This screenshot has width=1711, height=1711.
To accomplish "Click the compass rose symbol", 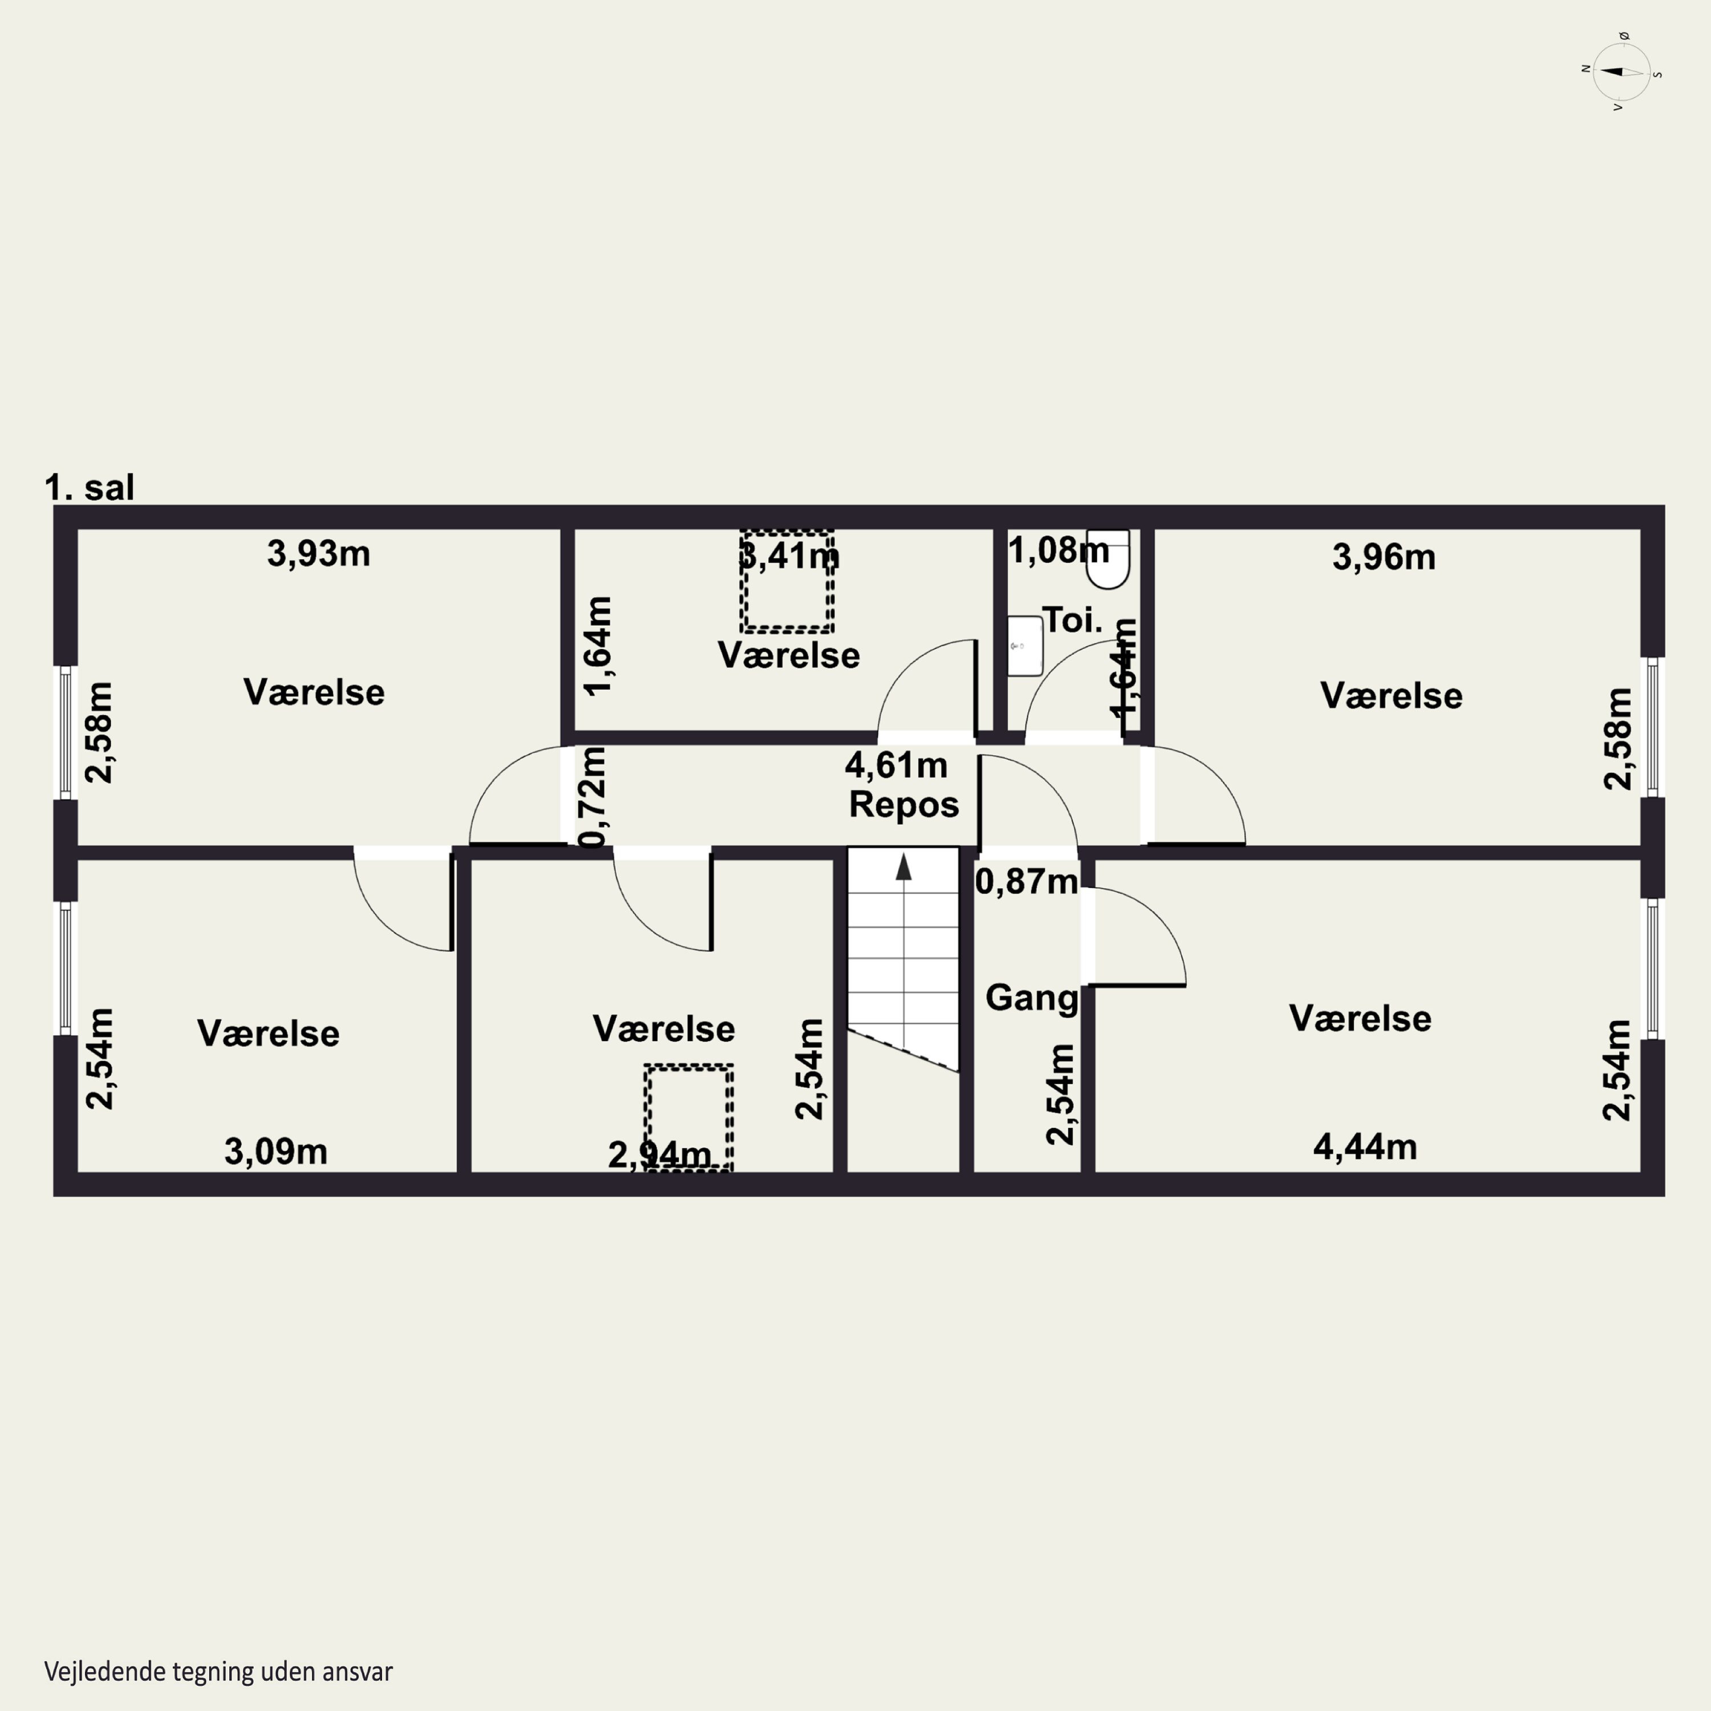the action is click(1621, 72).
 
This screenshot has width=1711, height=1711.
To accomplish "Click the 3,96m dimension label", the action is click(1384, 557).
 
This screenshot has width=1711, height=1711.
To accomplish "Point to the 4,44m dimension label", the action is click(1365, 1147).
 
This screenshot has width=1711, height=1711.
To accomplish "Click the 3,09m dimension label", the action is click(275, 1152).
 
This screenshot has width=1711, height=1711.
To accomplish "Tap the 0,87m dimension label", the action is click(1027, 881).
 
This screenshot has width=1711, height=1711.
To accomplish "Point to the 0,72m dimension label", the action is click(593, 797).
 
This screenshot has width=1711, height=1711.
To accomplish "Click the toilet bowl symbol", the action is click(1108, 559).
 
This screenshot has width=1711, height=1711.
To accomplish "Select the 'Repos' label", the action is click(904, 805).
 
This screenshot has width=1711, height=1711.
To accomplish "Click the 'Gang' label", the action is click(1032, 998).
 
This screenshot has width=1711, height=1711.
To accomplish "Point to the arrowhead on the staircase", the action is click(903, 866).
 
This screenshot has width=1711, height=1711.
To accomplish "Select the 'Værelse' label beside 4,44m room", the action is click(1360, 1019).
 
